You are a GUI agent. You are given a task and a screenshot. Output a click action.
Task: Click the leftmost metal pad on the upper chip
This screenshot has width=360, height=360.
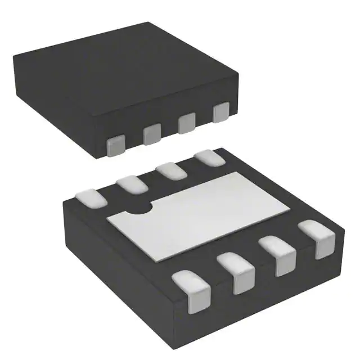(116, 145)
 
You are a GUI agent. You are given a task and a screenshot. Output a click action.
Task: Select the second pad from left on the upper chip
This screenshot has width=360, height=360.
(151, 134)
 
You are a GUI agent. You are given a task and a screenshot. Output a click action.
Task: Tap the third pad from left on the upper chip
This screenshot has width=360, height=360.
(186, 123)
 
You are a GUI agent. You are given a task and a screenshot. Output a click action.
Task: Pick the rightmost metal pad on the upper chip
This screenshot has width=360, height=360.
(221, 112)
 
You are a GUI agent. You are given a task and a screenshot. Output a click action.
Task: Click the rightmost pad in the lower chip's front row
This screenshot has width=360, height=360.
(318, 238)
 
